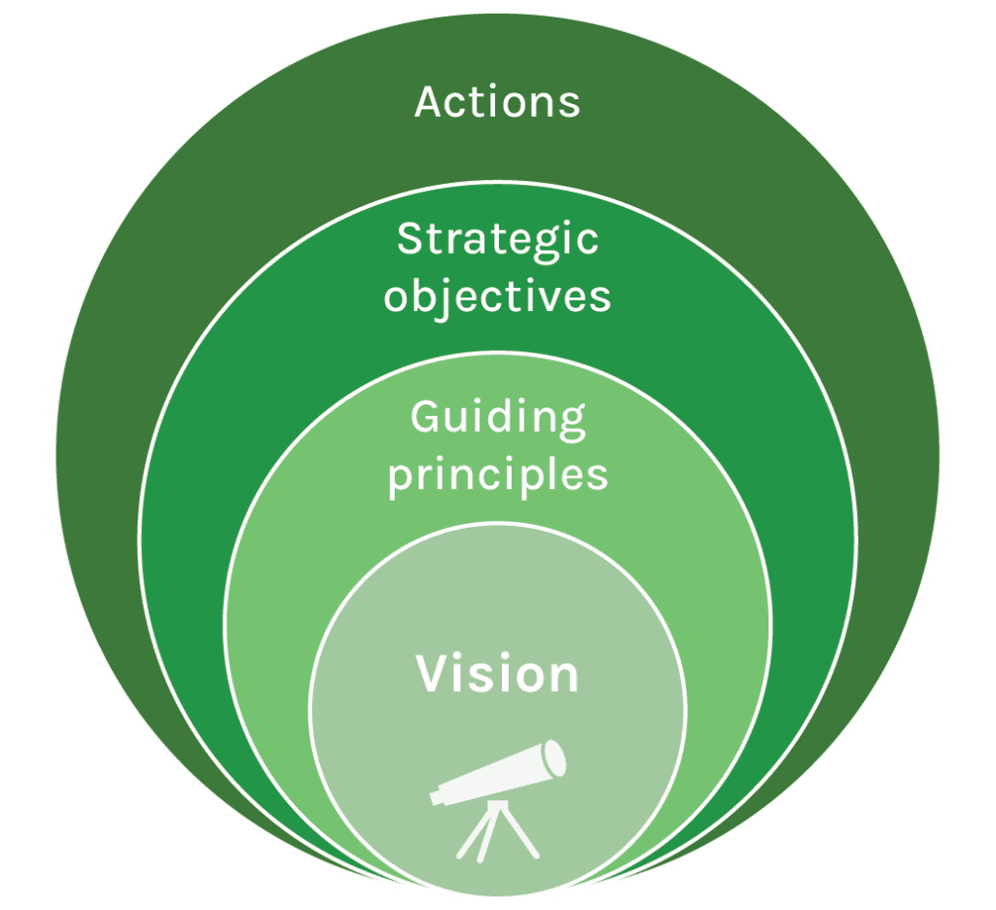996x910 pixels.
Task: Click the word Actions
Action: pyautogui.click(x=497, y=102)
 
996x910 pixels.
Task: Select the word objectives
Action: pyautogui.click(x=497, y=296)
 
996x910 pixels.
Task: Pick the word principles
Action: pyautogui.click(x=497, y=476)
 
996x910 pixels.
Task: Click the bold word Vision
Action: pyautogui.click(x=497, y=675)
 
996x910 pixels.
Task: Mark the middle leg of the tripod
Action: pyautogui.click(x=497, y=838)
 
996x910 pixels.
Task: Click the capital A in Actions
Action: pyautogui.click(x=428, y=102)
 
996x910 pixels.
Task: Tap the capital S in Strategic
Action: pyautogui.click(x=409, y=239)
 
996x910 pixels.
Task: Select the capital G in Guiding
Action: pyautogui.click(x=425, y=419)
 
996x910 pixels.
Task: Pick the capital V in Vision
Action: pyautogui.click(x=433, y=675)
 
